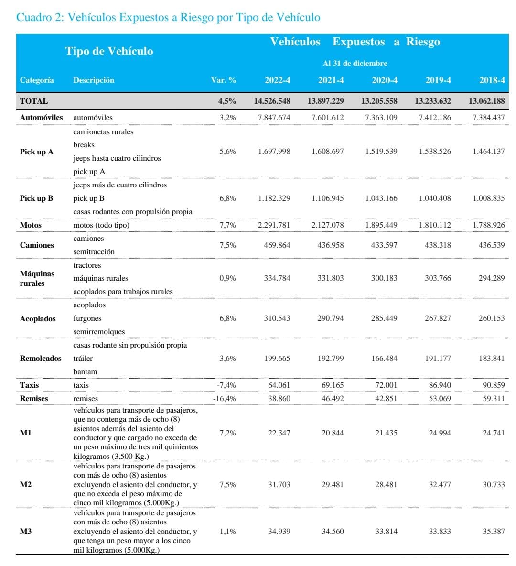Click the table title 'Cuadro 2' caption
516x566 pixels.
(168, 18)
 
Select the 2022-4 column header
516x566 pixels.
(277, 80)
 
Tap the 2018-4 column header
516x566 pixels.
(492, 80)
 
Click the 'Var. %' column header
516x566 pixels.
(224, 80)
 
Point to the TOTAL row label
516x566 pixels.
(34, 101)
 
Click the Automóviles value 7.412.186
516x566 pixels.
(435, 118)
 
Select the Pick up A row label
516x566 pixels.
(36, 152)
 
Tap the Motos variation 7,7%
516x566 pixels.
(227, 225)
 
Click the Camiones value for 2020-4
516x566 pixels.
(384, 245)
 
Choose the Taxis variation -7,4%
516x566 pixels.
(226, 385)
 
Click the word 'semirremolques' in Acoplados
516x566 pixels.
(99, 332)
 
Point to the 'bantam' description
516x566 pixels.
(85, 372)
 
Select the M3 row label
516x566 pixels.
(26, 532)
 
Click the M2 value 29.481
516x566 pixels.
(333, 485)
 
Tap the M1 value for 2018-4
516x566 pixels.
(494, 433)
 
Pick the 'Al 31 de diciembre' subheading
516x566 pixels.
(355, 64)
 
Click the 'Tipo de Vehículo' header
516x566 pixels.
(109, 52)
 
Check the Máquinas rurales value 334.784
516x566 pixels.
(277, 278)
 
